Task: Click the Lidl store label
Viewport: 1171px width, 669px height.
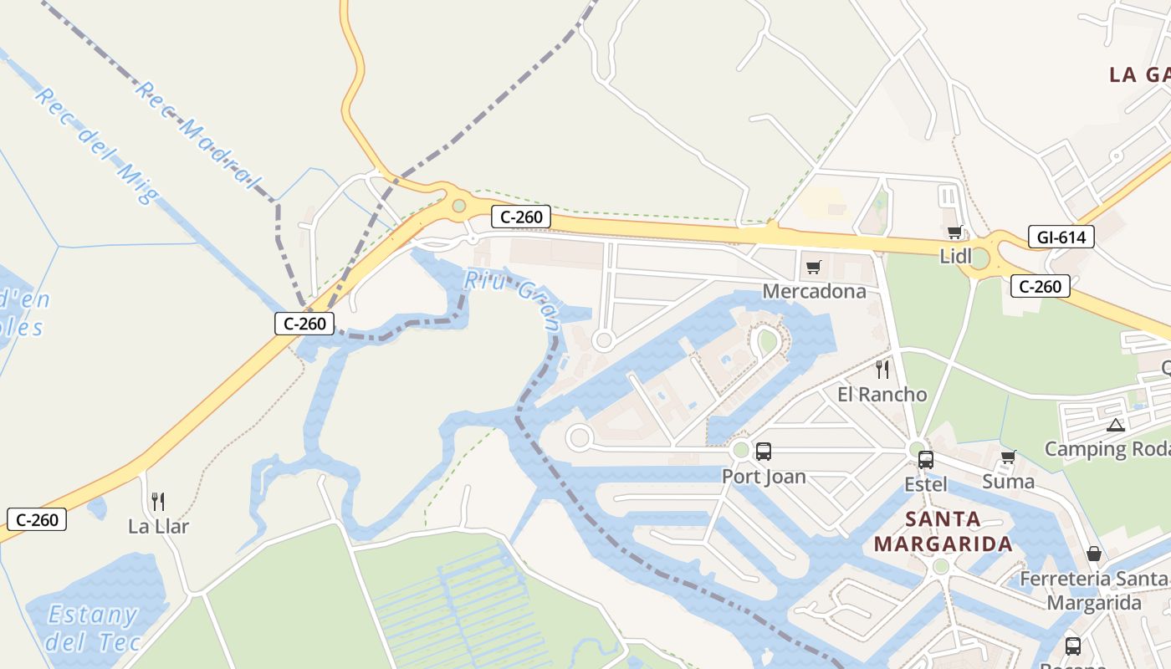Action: [956, 257]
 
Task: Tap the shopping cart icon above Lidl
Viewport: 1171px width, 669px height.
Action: [954, 232]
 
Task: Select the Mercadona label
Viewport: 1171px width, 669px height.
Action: [814, 291]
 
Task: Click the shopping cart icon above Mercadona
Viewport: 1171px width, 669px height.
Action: [813, 268]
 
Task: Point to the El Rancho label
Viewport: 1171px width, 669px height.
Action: [882, 394]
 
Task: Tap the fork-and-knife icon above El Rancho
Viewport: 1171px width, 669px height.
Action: [882, 369]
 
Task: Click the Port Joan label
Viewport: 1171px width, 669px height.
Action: [764, 477]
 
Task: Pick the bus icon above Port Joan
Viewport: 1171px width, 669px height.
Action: [764, 452]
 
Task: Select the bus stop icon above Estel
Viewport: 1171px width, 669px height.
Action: [926, 459]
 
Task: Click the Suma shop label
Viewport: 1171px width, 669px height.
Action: [1008, 482]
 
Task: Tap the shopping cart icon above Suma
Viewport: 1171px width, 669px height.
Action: [1008, 457]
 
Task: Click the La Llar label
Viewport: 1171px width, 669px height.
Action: [158, 526]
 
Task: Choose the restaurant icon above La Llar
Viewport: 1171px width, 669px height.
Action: [157, 501]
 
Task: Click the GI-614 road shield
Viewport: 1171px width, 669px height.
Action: [1061, 237]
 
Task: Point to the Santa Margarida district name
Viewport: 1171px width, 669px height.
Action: [943, 532]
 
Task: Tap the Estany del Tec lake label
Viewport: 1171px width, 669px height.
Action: [91, 628]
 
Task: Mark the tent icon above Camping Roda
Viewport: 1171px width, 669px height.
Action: [1115, 425]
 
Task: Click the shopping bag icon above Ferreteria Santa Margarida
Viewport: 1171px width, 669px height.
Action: [1093, 554]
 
